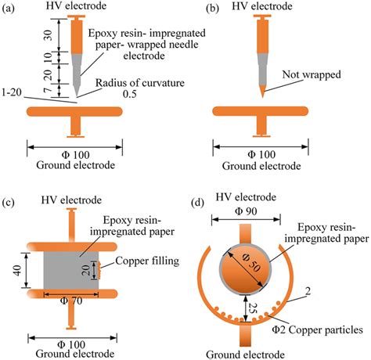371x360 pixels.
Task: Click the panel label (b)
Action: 201,9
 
